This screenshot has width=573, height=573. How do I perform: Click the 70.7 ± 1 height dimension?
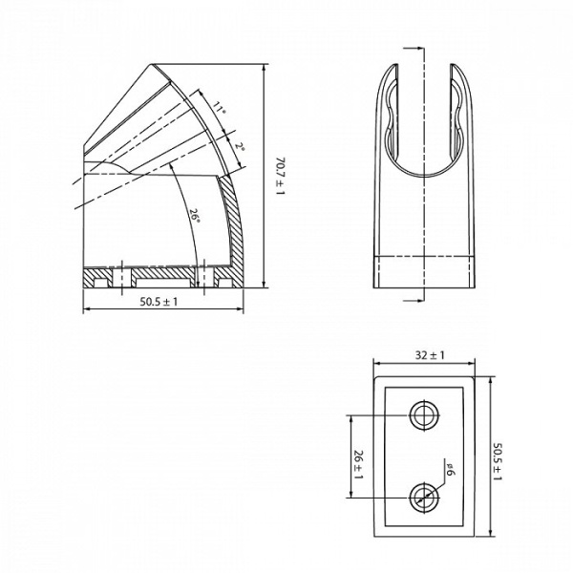[279, 176]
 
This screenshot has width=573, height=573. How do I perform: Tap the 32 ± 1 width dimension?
[431, 355]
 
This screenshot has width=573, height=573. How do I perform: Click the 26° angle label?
[194, 217]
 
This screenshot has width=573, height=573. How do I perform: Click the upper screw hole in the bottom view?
[424, 415]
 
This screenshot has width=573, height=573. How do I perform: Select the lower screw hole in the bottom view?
[424, 497]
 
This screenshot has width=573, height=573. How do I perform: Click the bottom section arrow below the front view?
[413, 299]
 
